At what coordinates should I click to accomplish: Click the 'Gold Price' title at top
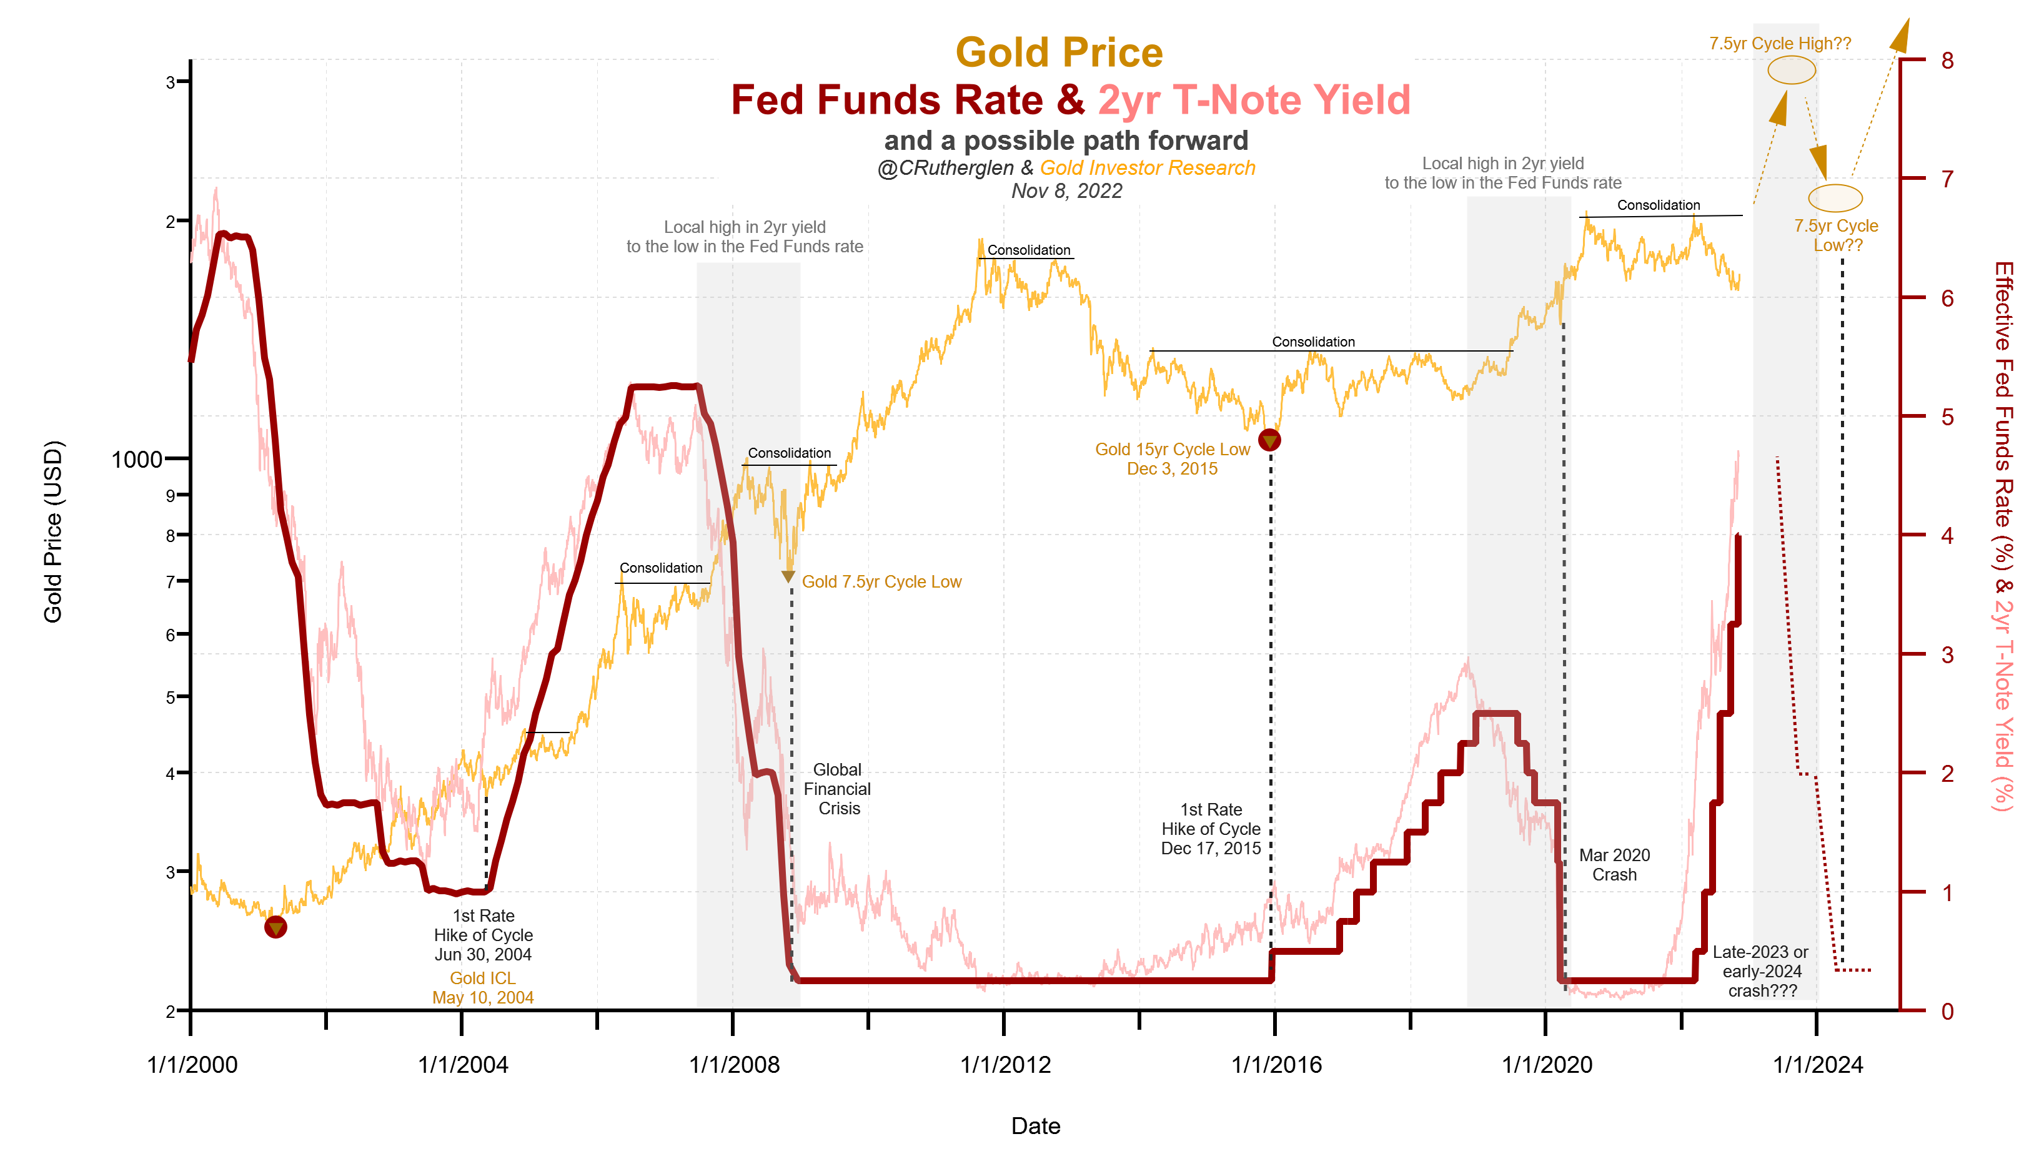coord(1058,53)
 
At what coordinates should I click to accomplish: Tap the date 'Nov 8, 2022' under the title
coord(1066,191)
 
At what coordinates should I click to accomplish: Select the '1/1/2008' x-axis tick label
coord(734,1065)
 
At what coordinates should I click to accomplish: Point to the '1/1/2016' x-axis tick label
coord(1276,1065)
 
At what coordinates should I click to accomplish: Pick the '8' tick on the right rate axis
coord(1947,60)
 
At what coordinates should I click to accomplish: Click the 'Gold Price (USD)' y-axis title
coord(53,531)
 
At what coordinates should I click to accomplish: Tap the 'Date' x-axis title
coord(1035,1126)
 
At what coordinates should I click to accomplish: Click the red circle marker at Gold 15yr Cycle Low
coord(1269,440)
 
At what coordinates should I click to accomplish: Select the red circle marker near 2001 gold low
coord(275,927)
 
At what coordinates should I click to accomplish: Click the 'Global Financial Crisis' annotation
coord(838,789)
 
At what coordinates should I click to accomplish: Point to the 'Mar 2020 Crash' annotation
coord(1614,865)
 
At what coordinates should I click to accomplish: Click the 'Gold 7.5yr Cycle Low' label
coord(881,581)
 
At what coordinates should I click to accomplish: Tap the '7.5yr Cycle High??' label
coord(1780,43)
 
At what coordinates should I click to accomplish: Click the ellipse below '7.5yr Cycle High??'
coord(1791,71)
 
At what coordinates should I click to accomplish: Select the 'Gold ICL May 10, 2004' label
coord(483,987)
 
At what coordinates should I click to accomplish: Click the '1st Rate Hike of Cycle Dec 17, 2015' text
coord(1211,829)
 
